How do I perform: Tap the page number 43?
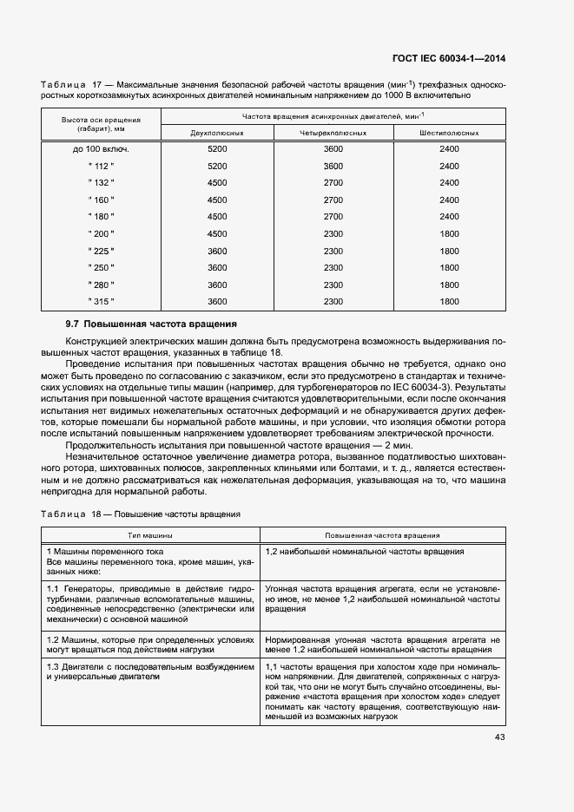coord(499,737)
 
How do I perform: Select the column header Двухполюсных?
coord(217,133)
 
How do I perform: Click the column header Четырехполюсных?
coord(333,133)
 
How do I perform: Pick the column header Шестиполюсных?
coord(449,133)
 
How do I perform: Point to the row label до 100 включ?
coord(101,149)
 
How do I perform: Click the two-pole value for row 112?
coord(217,166)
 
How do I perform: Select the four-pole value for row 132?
coord(333,183)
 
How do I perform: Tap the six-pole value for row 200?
coord(449,233)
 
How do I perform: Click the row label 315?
coord(101,301)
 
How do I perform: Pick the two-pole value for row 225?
coord(217,251)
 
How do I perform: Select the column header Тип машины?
coord(149,535)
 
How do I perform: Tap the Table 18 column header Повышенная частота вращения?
coord(382,535)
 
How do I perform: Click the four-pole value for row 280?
coord(333,285)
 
